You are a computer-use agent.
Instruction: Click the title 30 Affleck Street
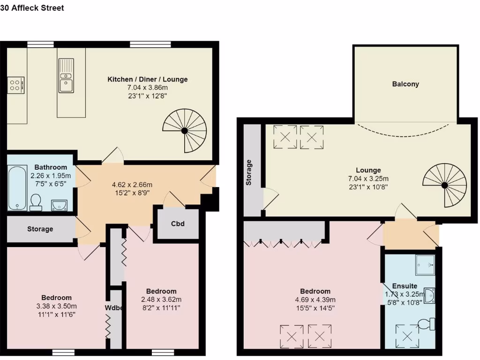pos(32,8)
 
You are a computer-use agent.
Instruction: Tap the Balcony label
pos(405,84)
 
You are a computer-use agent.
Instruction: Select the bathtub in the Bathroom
pos(17,187)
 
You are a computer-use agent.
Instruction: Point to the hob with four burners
pos(16,85)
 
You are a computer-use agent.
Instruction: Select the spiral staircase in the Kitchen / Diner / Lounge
pos(185,130)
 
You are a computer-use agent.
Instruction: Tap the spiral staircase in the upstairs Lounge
pos(444,185)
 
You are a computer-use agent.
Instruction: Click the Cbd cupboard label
pos(178,224)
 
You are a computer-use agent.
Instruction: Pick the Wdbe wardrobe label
pos(114,308)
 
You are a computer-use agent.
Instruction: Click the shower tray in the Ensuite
pos(425,266)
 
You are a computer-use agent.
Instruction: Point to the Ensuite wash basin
pos(429,295)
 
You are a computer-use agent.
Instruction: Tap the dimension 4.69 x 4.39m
pos(312,300)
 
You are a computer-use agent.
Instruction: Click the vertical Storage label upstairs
pos(249,172)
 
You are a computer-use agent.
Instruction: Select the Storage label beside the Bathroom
pos(40,229)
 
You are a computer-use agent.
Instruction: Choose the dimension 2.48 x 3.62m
pos(161,300)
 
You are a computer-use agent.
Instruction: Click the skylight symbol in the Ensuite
pos(407,336)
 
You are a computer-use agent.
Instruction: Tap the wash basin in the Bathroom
pos(59,205)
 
